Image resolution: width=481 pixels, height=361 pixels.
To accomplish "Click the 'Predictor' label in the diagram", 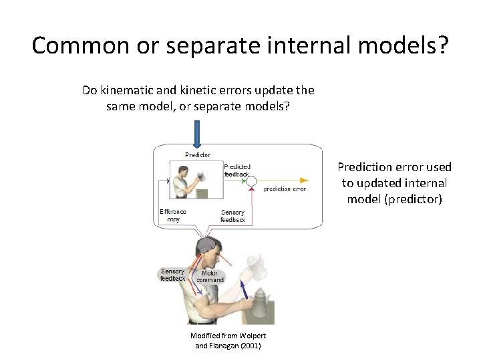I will tap(198, 154).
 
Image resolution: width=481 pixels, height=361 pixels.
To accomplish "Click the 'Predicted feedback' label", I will tap(237, 170).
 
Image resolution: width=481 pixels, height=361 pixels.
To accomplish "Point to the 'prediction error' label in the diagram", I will tap(285, 189).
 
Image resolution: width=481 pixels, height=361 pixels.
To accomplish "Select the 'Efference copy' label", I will tap(173, 215).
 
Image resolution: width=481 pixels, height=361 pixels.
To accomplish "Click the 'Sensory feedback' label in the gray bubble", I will tap(172, 275).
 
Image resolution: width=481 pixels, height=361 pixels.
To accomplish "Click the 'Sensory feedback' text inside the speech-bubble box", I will tap(232, 216).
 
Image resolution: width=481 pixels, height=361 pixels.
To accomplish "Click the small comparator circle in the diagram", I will tap(252, 180).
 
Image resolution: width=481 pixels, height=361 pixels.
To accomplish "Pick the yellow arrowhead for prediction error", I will tap(304, 180).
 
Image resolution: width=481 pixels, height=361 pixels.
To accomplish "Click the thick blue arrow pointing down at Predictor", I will tap(198, 134).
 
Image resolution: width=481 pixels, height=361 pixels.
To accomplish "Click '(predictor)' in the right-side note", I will tap(394, 199).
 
